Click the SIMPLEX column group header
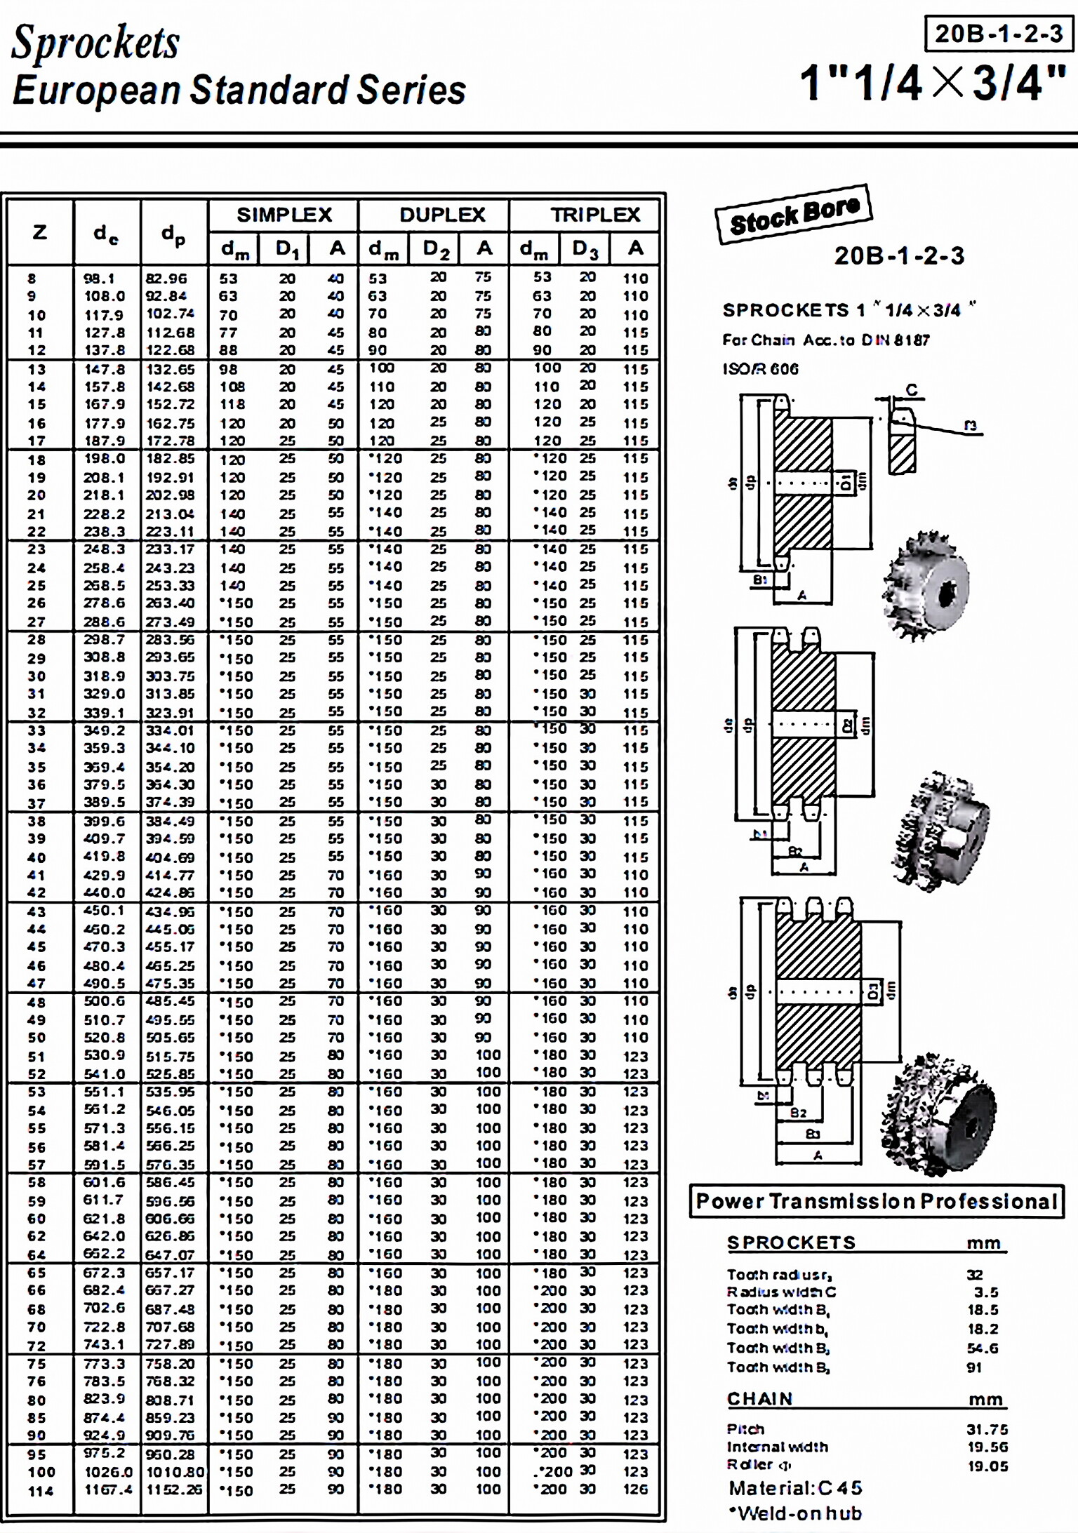click(x=284, y=215)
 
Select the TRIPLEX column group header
click(x=595, y=215)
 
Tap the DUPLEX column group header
click(x=442, y=215)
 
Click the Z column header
click(x=40, y=232)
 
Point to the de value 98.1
click(x=99, y=279)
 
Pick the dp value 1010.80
click(x=175, y=1472)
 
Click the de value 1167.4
click(x=107, y=1490)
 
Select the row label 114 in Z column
click(x=41, y=1490)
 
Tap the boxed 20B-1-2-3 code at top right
click(x=999, y=34)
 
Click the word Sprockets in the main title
click(x=95, y=42)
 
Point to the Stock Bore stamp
click(x=794, y=215)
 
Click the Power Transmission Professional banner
click(x=877, y=1201)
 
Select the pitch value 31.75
click(x=987, y=1429)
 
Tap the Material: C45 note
click(x=795, y=1488)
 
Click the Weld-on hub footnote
click(x=795, y=1513)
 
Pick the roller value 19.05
click(x=987, y=1466)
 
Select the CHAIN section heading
click(x=760, y=1398)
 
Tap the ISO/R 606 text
click(x=761, y=368)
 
